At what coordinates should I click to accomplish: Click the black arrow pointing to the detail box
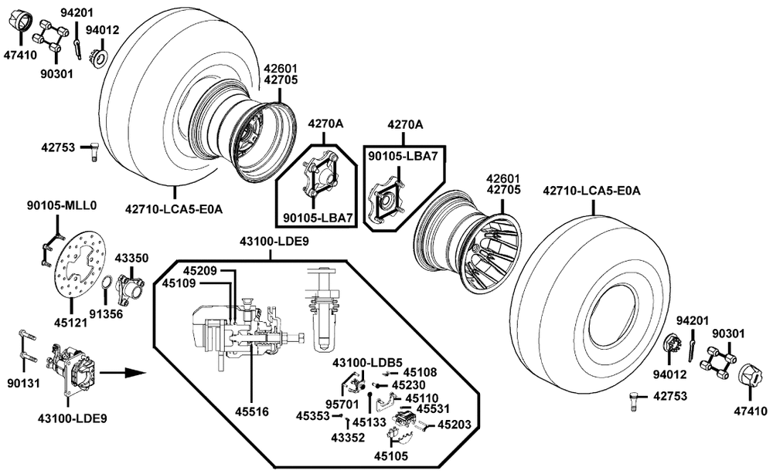coord(124,372)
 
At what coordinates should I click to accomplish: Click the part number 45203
coord(455,424)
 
